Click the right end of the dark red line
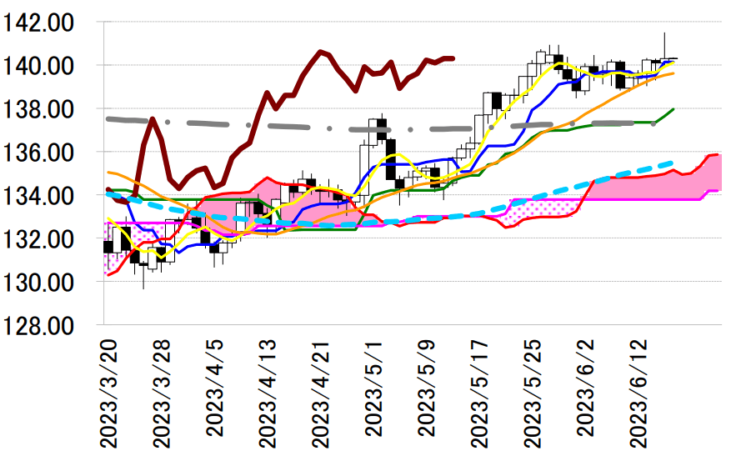453,58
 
